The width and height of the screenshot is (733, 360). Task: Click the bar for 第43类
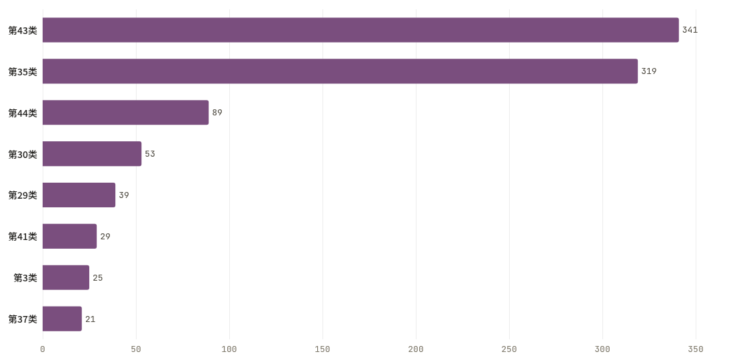tap(361, 30)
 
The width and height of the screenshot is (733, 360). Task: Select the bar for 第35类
tap(340, 71)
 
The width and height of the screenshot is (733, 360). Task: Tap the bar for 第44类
tap(125, 112)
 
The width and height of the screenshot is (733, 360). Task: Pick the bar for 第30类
tap(92, 154)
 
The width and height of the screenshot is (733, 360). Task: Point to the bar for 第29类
tap(79, 195)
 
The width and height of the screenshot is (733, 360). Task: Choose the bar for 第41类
tap(69, 236)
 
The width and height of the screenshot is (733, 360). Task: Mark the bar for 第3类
tap(65, 278)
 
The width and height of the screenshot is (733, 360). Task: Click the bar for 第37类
tap(62, 319)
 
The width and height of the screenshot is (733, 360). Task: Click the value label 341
tap(690, 30)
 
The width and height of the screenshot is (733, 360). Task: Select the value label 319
tap(649, 71)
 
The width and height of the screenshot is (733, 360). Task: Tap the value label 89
tap(217, 112)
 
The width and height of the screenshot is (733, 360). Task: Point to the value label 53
tap(150, 154)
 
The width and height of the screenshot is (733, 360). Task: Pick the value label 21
tap(90, 319)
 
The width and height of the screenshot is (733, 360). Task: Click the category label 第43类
tap(23, 31)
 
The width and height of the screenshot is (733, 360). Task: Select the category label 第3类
tap(25, 278)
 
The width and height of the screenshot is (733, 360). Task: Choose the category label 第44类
tap(23, 113)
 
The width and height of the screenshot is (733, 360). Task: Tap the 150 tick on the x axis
tap(323, 349)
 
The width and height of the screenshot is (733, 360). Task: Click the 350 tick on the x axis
tap(696, 349)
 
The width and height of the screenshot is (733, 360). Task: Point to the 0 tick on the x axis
tap(43, 349)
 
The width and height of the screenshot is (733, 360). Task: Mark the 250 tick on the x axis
tap(509, 349)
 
